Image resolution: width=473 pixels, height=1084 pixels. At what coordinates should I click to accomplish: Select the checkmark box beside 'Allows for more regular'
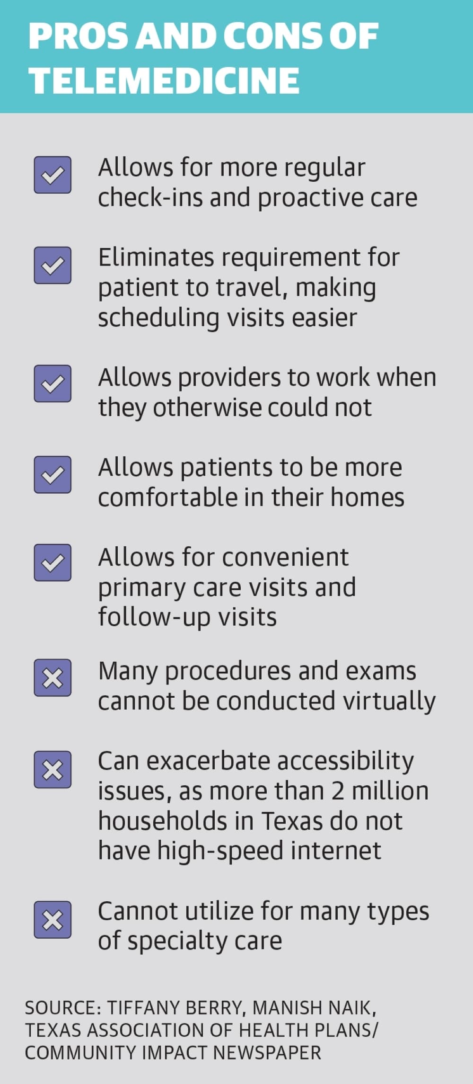[53, 175]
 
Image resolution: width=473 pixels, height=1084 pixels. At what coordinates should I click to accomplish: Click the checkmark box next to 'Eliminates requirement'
[53, 265]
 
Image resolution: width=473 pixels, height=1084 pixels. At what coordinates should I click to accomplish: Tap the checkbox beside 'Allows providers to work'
[53, 383]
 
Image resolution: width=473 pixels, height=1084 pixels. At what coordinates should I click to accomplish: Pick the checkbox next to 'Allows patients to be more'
[53, 474]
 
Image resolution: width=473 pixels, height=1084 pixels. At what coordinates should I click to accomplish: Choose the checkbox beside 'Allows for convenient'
[53, 563]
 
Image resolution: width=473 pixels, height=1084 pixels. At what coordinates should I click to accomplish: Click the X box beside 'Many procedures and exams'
[53, 678]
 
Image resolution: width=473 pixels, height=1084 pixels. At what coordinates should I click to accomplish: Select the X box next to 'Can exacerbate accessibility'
[53, 769]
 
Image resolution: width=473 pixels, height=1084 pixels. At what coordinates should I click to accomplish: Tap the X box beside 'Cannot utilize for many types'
[53, 919]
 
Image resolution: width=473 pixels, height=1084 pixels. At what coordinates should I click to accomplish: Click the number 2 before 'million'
[338, 791]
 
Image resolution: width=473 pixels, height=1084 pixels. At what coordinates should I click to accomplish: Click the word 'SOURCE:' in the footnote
[63, 1008]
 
